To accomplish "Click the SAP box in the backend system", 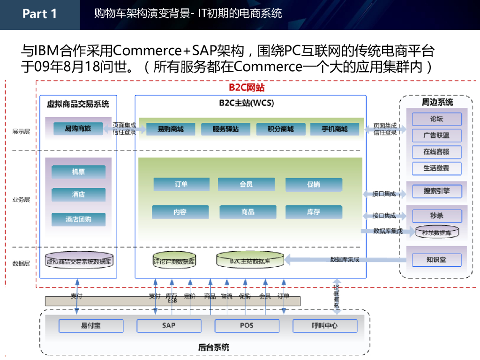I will pos(169,326).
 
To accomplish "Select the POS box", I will pos(247,326).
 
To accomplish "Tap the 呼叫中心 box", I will pos(324,326).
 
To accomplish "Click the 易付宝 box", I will pos(91,326).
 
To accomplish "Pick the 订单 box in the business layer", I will pos(181,185).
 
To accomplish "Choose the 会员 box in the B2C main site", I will pos(246,185).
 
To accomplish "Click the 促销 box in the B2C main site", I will pos(313,185).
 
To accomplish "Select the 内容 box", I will pos(180,212).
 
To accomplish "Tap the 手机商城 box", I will pos(335,129).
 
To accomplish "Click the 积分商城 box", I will pos(280,129).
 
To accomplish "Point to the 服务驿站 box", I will pos(225,129).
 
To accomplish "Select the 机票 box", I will pos(78,172).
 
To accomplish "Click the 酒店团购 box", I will pos(78,219).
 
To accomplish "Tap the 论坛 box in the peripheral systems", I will pos(436,119).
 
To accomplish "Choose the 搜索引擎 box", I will pos(436,191).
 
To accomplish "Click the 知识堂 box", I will pos(436,260).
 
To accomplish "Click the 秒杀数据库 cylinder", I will pos(436,232).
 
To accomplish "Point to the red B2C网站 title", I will pos(247,88).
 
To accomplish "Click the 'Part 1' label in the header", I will pos(39,14).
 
